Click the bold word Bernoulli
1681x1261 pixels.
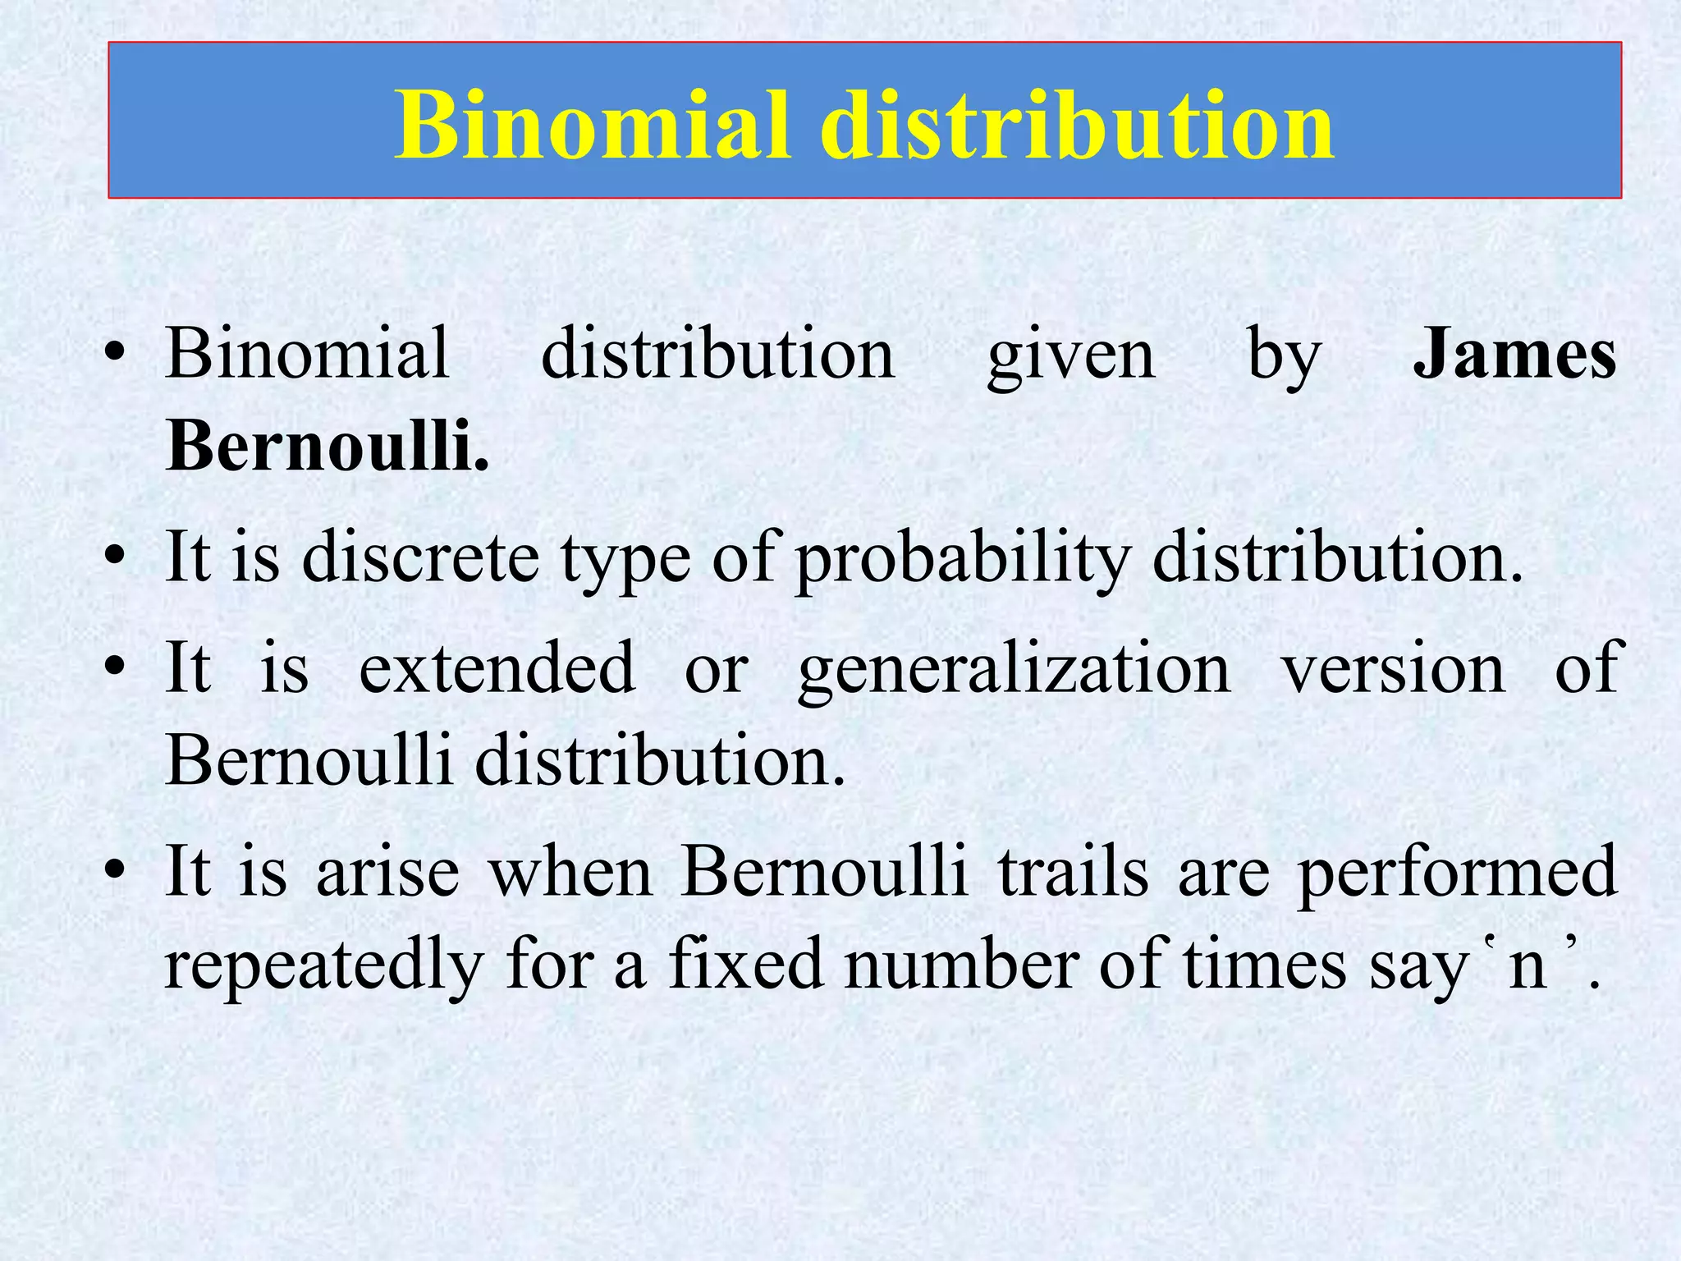coord(327,446)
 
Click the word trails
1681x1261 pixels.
coord(1073,872)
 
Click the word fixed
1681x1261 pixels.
coord(745,964)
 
